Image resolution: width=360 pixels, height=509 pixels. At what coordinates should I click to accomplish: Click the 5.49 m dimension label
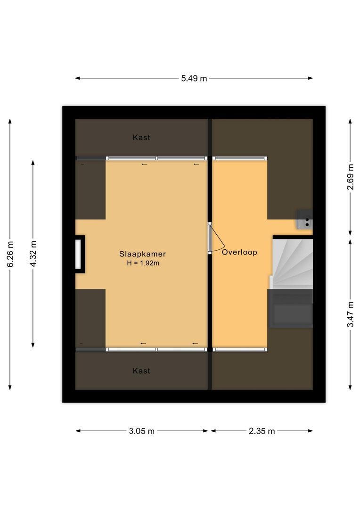coord(194,79)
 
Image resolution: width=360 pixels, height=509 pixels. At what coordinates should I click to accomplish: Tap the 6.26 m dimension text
coord(10,254)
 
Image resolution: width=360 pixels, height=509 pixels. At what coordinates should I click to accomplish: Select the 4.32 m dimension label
coord(33,254)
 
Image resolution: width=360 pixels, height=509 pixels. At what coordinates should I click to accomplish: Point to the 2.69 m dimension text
coord(350,177)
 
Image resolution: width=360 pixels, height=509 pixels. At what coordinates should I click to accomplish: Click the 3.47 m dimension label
coord(350,314)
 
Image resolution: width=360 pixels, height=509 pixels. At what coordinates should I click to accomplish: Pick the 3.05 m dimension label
coord(142,431)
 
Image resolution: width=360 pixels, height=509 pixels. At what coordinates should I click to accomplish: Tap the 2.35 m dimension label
coord(262,431)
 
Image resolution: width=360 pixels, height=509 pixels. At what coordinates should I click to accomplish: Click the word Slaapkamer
coord(142,254)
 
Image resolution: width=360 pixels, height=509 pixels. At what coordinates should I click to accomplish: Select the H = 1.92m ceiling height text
coord(143,263)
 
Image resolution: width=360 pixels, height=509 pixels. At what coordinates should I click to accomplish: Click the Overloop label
coord(239,252)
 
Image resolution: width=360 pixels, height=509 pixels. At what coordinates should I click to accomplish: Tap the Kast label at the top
coord(141,138)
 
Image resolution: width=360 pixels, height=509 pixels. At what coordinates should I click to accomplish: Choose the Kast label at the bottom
coord(141,371)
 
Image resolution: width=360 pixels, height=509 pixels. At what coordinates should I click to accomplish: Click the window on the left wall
coord(78,254)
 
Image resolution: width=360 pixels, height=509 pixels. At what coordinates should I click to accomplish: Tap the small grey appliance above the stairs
coord(304,219)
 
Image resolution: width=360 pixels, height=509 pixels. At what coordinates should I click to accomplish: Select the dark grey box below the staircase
coord(290,309)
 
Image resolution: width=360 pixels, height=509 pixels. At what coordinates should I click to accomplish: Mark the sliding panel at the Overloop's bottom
coord(240,350)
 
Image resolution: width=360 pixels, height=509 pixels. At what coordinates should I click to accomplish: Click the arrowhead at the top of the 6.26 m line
coord(10,121)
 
